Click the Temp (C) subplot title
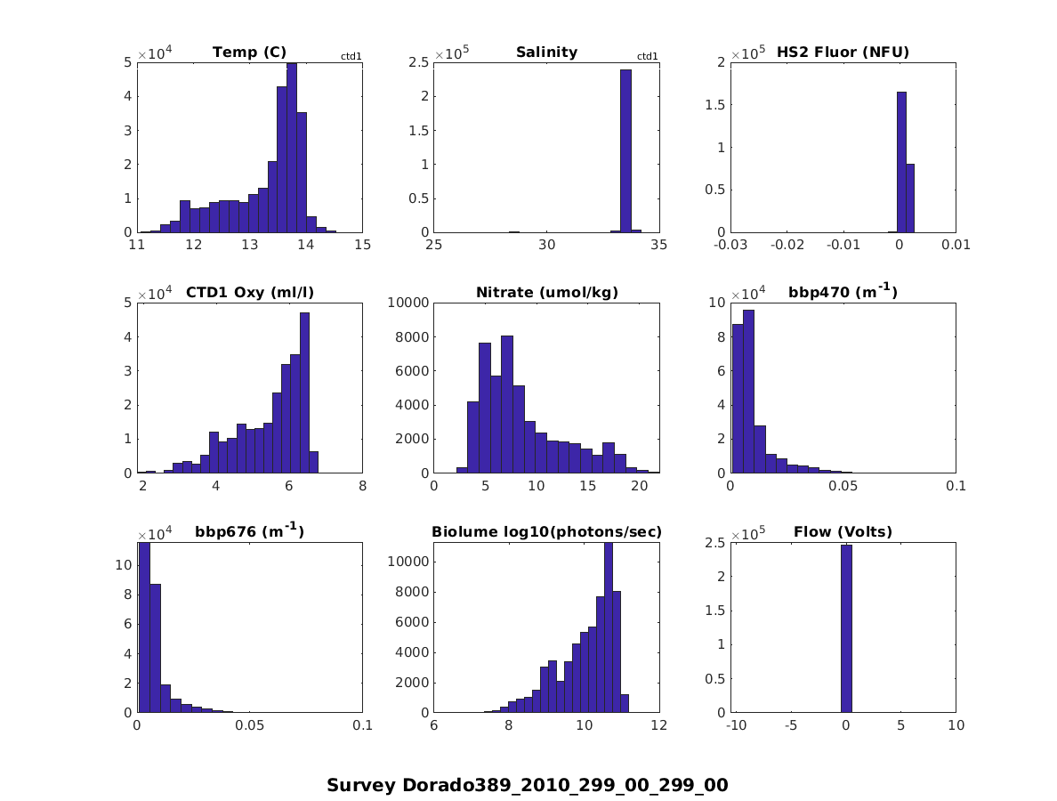pos(249,53)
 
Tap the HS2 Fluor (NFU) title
pos(843,53)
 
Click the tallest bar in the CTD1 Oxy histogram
pos(304,392)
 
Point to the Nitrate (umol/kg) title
pos(546,293)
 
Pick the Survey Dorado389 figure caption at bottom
pos(528,785)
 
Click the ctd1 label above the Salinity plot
pos(648,57)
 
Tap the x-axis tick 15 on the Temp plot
pos(362,246)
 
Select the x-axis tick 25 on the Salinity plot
pos(434,246)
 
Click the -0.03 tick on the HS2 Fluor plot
pos(730,246)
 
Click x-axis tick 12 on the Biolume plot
pos(658,726)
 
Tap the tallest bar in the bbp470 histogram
pos(748,392)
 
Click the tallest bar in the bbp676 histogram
pos(143,627)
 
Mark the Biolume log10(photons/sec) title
pos(546,533)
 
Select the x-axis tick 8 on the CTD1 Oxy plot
pos(362,486)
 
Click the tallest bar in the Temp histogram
pos(292,148)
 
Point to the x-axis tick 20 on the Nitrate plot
pos(639,486)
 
